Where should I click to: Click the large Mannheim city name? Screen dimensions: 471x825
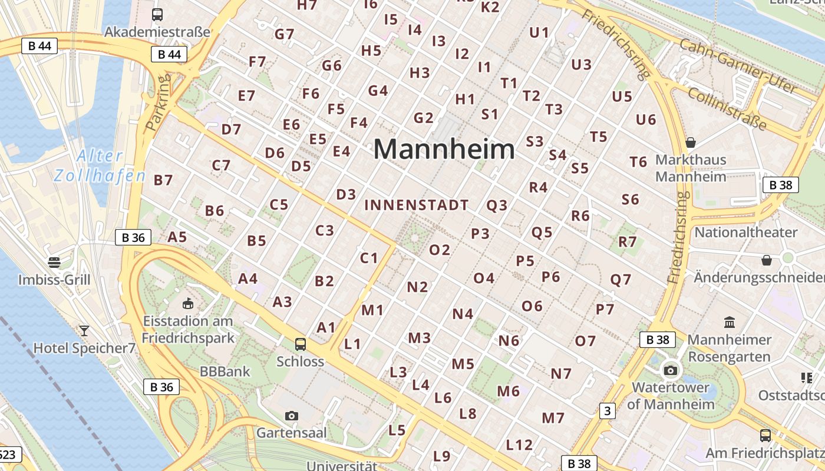click(x=444, y=150)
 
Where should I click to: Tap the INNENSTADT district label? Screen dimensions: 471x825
click(x=417, y=205)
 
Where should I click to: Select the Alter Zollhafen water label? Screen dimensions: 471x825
click(x=99, y=166)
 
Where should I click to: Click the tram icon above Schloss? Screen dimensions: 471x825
click(x=301, y=344)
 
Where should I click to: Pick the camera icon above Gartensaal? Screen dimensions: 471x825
click(x=291, y=416)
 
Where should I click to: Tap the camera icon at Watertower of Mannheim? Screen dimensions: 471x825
click(x=671, y=370)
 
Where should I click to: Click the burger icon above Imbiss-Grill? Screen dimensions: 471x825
click(x=54, y=262)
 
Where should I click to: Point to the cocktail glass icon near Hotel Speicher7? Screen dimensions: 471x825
click(x=84, y=330)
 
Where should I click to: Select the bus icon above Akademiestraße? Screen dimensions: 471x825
click(x=157, y=15)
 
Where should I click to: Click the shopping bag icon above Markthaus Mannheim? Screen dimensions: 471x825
click(x=691, y=142)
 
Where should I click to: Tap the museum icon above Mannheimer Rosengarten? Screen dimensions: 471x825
click(x=730, y=322)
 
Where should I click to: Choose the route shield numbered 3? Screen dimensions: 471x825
click(x=607, y=411)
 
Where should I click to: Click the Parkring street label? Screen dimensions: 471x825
click(x=157, y=101)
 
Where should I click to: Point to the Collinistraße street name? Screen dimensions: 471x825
click(x=727, y=110)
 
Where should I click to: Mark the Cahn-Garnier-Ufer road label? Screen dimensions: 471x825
click(x=738, y=66)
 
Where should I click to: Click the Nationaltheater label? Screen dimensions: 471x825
click(x=746, y=232)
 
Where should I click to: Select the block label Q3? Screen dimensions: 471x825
click(x=497, y=205)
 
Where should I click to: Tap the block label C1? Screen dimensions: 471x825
click(x=369, y=258)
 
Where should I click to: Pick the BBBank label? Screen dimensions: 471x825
click(x=225, y=372)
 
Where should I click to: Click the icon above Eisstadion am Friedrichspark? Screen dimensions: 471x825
click(x=187, y=304)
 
